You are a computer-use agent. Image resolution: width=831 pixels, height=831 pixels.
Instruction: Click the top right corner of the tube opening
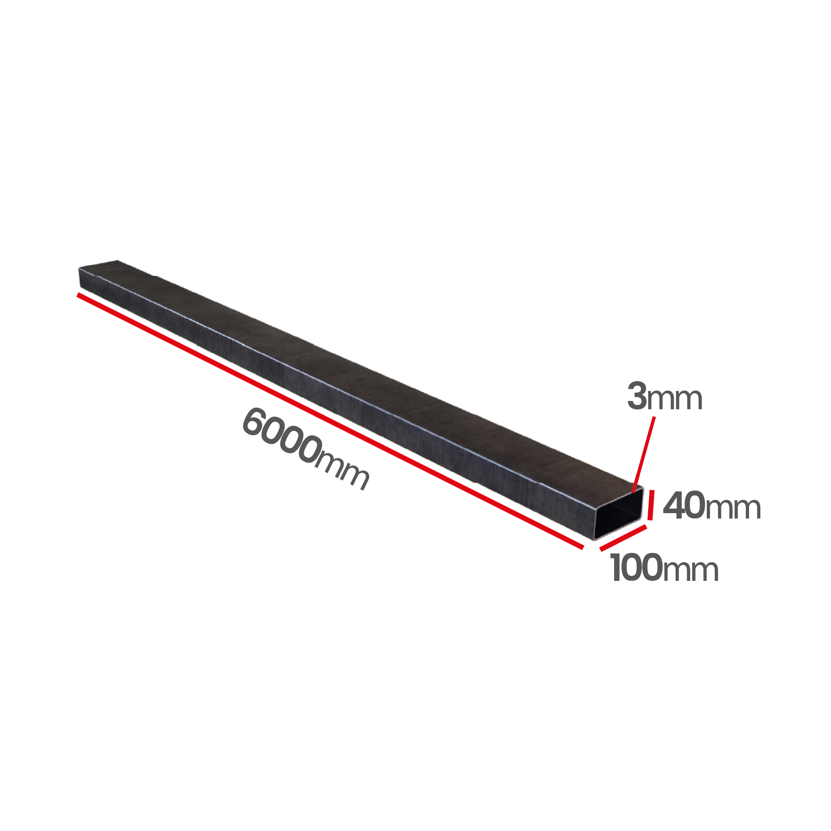[x=643, y=489]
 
